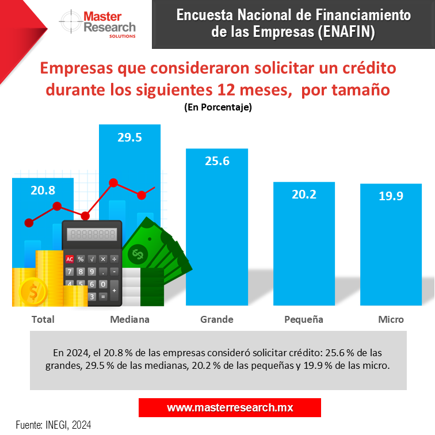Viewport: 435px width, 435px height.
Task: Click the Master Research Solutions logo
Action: point(98,24)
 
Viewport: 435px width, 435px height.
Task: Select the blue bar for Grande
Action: point(216,230)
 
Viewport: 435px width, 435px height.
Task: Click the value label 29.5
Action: point(129,137)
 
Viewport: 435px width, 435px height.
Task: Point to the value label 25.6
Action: point(217,161)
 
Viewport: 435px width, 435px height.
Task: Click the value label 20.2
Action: point(304,194)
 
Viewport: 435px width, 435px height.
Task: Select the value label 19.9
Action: point(391,196)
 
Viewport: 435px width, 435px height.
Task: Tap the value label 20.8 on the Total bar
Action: point(43,190)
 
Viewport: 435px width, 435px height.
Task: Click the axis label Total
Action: point(43,319)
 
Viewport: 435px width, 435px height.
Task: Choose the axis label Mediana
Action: point(129,319)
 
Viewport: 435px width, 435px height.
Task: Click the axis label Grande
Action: point(217,319)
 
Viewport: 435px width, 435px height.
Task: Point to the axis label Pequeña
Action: point(304,319)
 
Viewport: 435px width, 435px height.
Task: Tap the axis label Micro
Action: point(391,319)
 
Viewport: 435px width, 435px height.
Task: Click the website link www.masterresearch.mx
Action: point(230,407)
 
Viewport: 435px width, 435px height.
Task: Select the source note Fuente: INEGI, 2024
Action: point(53,425)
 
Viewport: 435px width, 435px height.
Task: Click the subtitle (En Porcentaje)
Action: point(217,108)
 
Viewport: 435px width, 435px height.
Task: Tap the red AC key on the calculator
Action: point(70,259)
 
